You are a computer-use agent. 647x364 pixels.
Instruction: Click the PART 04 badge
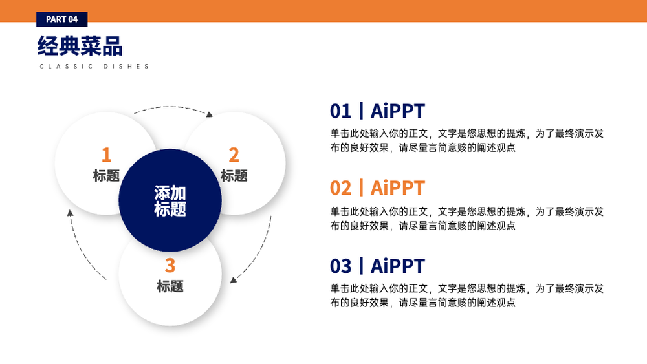click(x=62, y=19)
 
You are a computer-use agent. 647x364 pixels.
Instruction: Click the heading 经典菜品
click(x=80, y=45)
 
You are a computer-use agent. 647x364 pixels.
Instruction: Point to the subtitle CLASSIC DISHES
click(x=94, y=67)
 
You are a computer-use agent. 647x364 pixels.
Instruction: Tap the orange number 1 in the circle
click(x=107, y=155)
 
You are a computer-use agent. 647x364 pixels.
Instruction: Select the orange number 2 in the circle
click(x=234, y=155)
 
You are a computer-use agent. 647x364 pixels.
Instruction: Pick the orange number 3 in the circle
click(x=170, y=266)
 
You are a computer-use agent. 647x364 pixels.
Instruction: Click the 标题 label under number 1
click(x=106, y=176)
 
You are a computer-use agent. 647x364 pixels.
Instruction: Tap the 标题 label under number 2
click(x=234, y=176)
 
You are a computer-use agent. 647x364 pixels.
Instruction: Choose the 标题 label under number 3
click(x=170, y=286)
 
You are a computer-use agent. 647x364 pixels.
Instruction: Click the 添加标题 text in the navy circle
click(x=170, y=201)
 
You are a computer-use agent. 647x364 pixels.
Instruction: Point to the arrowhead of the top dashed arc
click(x=210, y=114)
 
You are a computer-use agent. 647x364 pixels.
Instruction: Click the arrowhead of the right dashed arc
click(x=233, y=281)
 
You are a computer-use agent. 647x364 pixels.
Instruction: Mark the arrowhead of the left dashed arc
click(x=70, y=213)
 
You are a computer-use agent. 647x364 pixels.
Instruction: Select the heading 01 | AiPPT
click(x=377, y=111)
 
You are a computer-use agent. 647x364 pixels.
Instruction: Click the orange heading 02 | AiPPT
click(x=377, y=188)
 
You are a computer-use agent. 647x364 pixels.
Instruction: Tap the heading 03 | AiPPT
click(x=377, y=266)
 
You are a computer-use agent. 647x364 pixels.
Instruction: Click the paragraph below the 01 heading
click(x=466, y=140)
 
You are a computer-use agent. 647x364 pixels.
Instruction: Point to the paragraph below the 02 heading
click(x=466, y=219)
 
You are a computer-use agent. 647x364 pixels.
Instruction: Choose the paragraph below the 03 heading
click(x=466, y=295)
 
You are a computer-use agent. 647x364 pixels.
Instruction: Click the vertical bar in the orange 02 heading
click(x=362, y=188)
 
